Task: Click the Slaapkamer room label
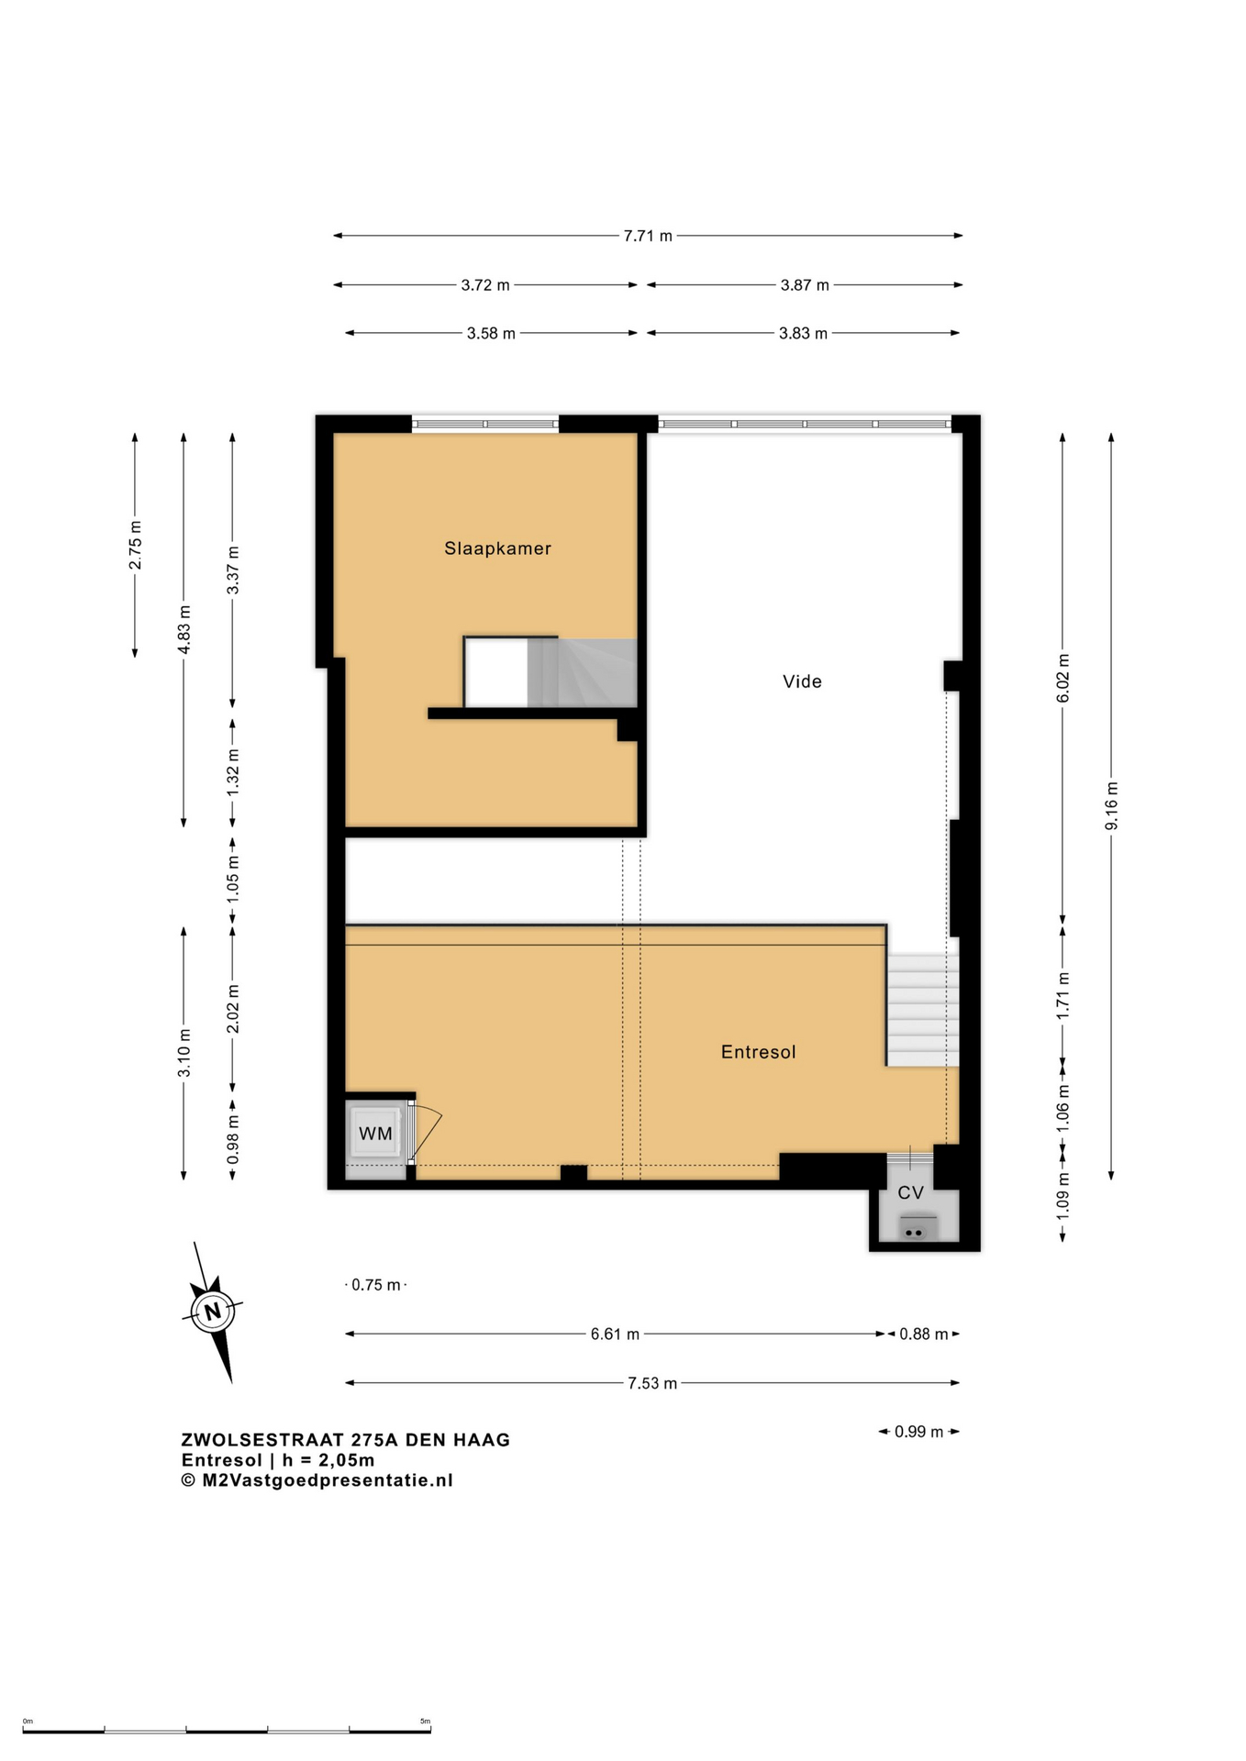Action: (497, 548)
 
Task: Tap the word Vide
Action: (802, 681)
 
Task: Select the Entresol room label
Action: (758, 1052)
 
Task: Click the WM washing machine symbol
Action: (375, 1134)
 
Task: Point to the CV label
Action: (910, 1192)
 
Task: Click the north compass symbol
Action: (213, 1311)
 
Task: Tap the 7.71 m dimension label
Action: (648, 236)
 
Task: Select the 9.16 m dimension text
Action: (1111, 806)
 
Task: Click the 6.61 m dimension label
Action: (615, 1334)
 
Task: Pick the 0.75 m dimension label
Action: (376, 1285)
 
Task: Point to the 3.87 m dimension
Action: (805, 285)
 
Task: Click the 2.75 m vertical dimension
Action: (135, 545)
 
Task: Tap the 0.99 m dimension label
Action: (918, 1432)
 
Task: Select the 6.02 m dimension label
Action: (1062, 679)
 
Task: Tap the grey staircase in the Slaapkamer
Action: (582, 672)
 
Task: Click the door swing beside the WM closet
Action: (426, 1134)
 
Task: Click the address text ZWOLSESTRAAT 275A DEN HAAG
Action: (345, 1440)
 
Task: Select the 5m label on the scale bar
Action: (425, 1722)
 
